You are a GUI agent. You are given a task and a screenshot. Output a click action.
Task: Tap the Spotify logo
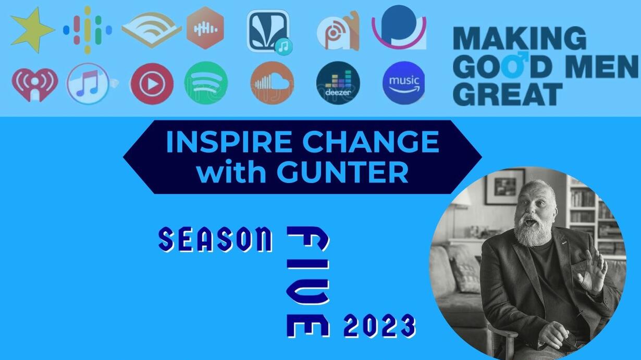coord(206,83)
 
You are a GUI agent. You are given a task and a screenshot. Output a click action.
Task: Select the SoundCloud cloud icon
coord(272,83)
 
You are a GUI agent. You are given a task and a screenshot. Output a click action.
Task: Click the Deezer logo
coord(338,83)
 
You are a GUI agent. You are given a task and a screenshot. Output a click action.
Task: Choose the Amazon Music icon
coord(404,83)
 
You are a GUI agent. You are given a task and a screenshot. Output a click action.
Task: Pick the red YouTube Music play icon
coord(152,84)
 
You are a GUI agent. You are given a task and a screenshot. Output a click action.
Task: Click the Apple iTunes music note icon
coord(88,83)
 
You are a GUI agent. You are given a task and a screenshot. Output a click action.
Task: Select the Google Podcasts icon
coord(88,30)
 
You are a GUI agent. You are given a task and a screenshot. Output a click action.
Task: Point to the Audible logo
coord(151,30)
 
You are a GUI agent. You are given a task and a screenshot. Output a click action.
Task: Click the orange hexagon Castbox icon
coord(205,28)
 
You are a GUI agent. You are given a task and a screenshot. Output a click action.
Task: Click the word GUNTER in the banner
coord(342,173)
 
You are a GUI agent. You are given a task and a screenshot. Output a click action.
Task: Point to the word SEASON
coord(215,239)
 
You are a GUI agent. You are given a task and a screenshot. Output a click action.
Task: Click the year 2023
coord(380,326)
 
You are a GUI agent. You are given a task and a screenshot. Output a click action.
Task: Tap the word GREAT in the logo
coord(508,94)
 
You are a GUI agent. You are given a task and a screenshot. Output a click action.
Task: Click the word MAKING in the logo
coord(520,39)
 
